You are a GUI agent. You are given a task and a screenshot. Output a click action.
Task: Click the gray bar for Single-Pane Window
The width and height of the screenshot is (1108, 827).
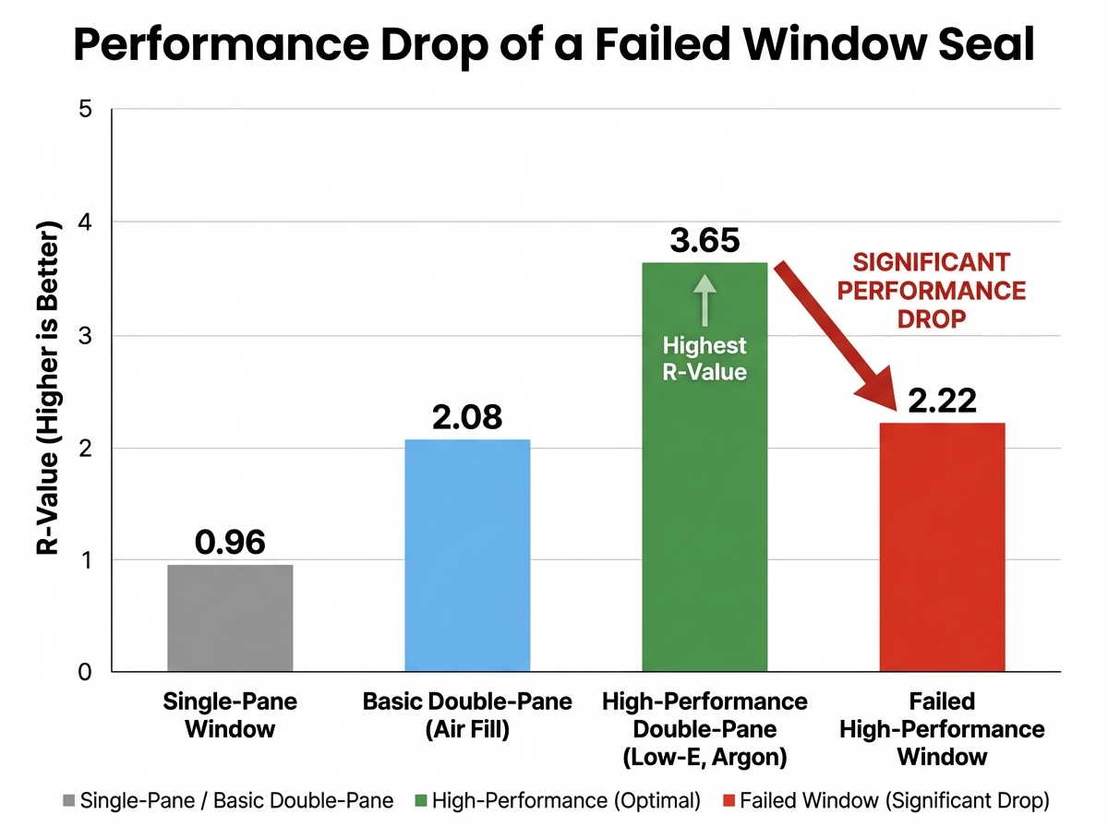point(230,617)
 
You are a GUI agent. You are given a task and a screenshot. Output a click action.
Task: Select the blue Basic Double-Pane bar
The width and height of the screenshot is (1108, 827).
point(467,555)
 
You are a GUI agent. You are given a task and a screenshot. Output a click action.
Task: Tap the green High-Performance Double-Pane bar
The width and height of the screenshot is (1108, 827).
point(705,517)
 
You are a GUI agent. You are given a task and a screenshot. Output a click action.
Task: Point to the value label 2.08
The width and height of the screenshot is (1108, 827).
point(467,417)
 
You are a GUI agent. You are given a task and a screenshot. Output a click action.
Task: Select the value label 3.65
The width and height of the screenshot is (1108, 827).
point(705,241)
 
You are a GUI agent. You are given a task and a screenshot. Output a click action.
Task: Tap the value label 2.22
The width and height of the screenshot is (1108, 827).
point(942,401)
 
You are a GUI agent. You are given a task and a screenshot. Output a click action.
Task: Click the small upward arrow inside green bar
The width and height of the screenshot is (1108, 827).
point(705,300)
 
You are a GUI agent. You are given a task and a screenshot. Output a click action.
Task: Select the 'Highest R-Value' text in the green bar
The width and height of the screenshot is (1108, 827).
point(705,359)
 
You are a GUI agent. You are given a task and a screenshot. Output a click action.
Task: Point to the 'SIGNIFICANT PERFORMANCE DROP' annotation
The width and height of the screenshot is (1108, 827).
point(938,290)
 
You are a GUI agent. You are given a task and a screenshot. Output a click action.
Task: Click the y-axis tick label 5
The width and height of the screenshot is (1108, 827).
point(87,110)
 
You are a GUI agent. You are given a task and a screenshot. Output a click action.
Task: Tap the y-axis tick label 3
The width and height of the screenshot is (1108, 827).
point(87,336)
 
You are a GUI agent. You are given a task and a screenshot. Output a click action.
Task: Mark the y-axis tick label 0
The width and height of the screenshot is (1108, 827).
point(87,673)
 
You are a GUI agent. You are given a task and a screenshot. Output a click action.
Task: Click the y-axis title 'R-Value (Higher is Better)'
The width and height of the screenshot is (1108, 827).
point(47,387)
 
